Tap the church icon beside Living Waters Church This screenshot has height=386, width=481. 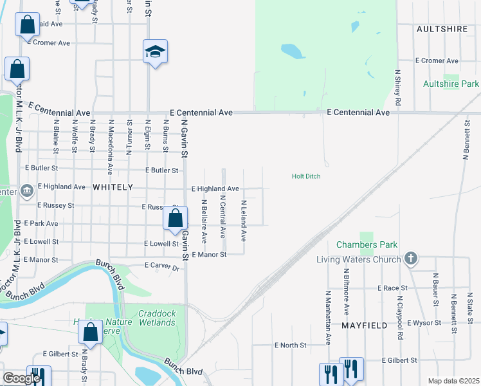click(412, 259)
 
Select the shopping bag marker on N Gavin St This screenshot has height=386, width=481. click(175, 219)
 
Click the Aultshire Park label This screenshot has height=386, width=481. click(451, 84)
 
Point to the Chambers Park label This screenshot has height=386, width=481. click(367, 244)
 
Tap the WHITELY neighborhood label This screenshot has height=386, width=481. click(113, 187)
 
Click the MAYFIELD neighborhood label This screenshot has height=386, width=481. click(365, 326)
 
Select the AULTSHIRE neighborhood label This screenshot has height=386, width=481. click(440, 30)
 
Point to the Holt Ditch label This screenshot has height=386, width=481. click(306, 176)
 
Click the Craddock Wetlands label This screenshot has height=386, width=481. click(156, 318)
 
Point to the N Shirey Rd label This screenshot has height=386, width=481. click(397, 87)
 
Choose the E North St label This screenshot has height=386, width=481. click(293, 345)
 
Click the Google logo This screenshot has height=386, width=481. click(21, 378)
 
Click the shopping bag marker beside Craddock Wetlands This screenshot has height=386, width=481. click(90, 333)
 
